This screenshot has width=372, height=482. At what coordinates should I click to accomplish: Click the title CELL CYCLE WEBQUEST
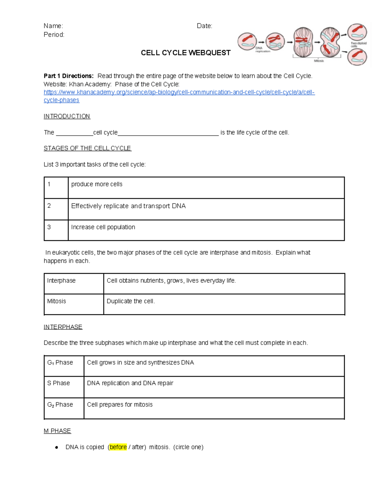pos(185,53)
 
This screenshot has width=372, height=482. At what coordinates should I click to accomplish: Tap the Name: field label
pos(53,26)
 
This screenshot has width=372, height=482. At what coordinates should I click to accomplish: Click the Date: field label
pos(204,26)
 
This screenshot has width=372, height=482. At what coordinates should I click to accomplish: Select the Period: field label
pos(54,34)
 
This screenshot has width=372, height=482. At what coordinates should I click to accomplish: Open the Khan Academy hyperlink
pos(179,92)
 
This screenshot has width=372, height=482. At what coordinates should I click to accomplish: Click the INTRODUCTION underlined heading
pos(67,116)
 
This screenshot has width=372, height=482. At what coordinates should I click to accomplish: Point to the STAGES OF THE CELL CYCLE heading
pos(87,148)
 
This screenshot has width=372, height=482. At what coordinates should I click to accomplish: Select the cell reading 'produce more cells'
pos(97,184)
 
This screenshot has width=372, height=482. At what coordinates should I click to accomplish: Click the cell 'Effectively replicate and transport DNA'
pos(128,206)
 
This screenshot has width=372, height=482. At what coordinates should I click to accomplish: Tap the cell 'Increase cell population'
pos(103,227)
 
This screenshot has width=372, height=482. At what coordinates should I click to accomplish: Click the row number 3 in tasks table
pos(49,227)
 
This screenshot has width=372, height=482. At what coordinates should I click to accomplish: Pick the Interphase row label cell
pos(61,281)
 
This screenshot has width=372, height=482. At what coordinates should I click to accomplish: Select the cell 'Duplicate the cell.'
pos(131,301)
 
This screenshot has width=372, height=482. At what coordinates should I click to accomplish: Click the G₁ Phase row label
pos(60,363)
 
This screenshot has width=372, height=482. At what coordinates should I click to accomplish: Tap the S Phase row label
pos(59,383)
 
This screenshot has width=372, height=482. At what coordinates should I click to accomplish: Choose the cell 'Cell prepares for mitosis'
pos(120,404)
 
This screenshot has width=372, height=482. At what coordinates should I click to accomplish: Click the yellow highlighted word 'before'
pos(118,447)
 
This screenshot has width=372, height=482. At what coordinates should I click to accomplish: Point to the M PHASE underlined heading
pos(57,431)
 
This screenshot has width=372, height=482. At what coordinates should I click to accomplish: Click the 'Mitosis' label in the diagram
pos(319,61)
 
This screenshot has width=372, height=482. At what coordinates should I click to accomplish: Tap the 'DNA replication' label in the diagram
pos(263,50)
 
